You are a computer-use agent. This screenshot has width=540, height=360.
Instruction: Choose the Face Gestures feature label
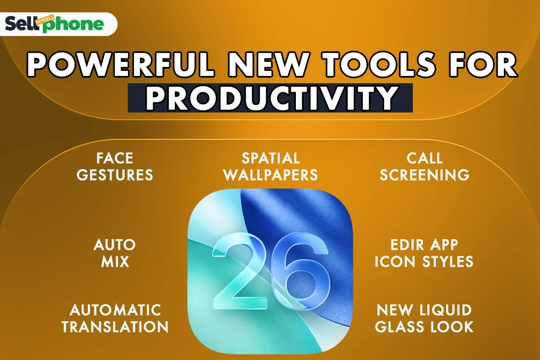pos(115,166)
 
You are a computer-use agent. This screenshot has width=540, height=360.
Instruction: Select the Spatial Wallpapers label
pos(271,166)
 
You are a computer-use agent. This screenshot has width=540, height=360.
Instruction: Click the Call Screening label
pos(425,166)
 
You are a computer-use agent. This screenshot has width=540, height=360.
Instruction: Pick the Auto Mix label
pos(115,254)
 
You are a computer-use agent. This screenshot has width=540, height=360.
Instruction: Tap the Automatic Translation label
pos(115,318)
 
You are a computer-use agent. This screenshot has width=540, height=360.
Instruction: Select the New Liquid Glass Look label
pos(425,318)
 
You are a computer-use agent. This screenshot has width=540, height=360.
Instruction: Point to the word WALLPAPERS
pos(271,175)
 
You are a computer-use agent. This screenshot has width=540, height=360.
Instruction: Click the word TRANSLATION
pos(115,327)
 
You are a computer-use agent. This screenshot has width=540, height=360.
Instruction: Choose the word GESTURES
pos(115,175)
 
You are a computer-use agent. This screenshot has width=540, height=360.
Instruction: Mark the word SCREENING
pos(425,175)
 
